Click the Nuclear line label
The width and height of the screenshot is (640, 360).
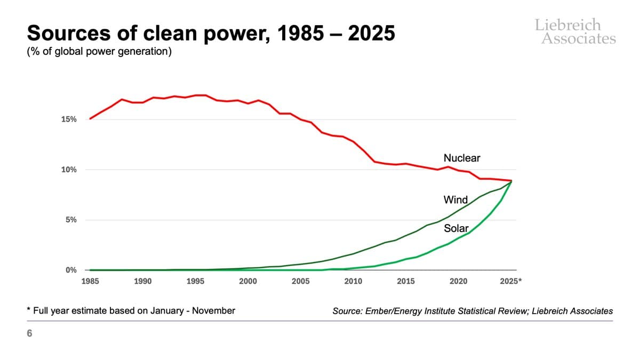pyautogui.click(x=462, y=158)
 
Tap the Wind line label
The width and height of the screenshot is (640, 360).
pyautogui.click(x=455, y=200)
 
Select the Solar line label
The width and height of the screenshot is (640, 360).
pyautogui.click(x=456, y=228)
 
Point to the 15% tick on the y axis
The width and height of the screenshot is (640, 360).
pyautogui.click(x=69, y=119)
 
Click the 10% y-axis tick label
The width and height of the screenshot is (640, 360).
pyautogui.click(x=69, y=170)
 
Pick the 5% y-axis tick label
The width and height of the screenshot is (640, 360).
pyautogui.click(x=71, y=220)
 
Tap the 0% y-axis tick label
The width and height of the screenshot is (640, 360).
pyautogui.click(x=71, y=270)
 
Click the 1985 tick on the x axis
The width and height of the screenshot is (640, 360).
pyautogui.click(x=90, y=281)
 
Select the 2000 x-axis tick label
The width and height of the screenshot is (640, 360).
pyautogui.click(x=248, y=281)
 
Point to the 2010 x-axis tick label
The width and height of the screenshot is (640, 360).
pyautogui.click(x=353, y=281)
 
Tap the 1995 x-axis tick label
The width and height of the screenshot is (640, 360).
pyautogui.click(x=195, y=281)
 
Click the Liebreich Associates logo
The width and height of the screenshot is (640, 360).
pyautogui.click(x=575, y=31)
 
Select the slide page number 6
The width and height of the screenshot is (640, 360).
pyautogui.click(x=29, y=334)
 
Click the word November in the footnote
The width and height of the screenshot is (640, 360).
pyautogui.click(x=214, y=310)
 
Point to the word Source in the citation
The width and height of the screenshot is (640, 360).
pyautogui.click(x=347, y=311)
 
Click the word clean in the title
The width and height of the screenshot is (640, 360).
pyautogui.click(x=158, y=33)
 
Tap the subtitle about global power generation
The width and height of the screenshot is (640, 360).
pyautogui.click(x=99, y=53)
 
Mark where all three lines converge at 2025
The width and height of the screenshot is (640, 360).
pyautogui.click(x=511, y=181)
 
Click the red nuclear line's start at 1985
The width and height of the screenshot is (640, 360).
pyautogui.click(x=90, y=118)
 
